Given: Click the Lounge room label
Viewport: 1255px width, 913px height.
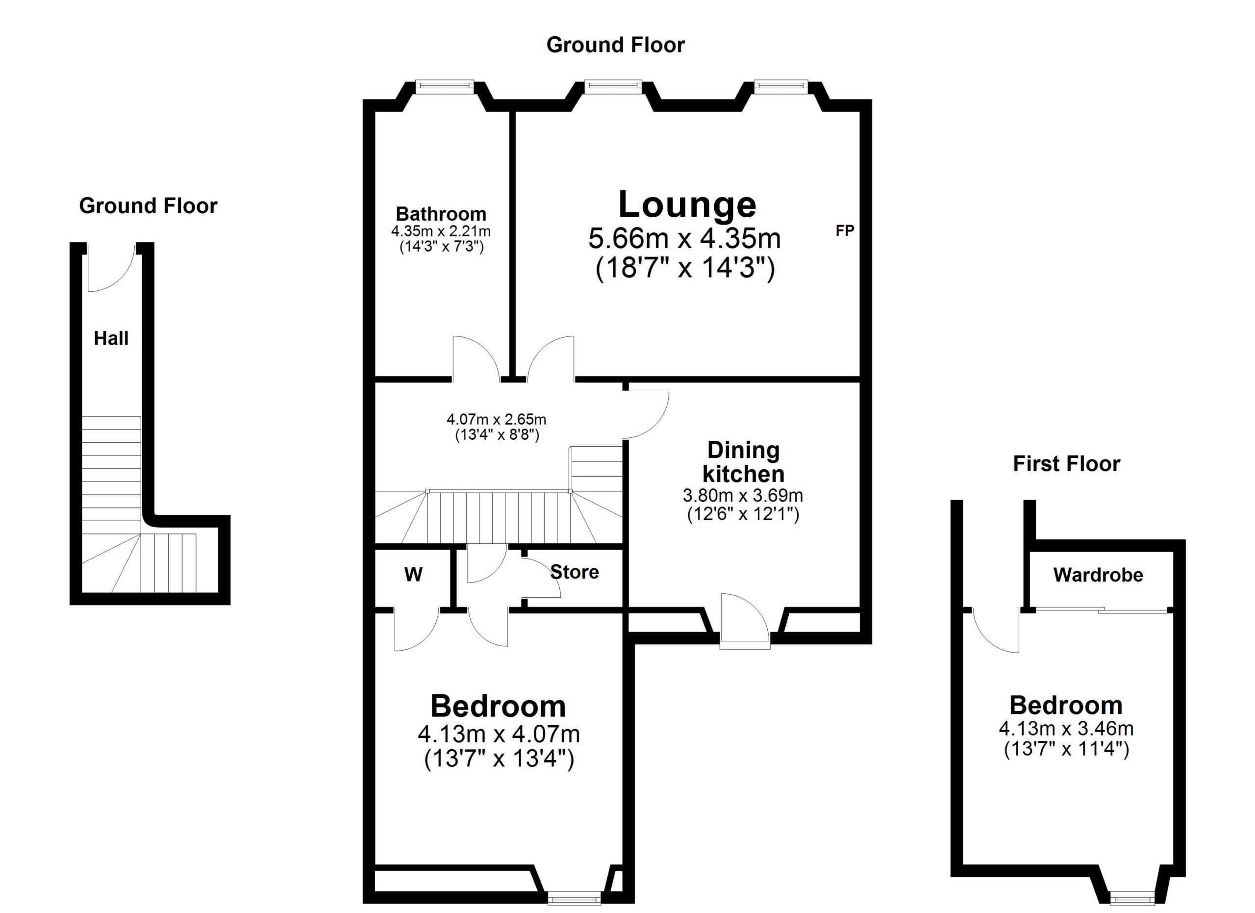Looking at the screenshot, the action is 687,205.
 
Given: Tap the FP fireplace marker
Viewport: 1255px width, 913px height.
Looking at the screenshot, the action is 845,231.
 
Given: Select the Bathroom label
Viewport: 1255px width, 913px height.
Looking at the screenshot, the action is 441,214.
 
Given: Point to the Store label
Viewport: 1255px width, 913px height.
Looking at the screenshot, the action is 575,572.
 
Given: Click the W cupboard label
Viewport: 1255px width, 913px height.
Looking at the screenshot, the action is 413,574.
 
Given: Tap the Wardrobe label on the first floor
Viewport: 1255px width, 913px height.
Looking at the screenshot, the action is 1098,575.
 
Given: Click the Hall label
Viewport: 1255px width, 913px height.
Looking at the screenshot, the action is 111,338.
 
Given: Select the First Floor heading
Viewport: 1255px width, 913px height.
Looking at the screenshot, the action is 1066,464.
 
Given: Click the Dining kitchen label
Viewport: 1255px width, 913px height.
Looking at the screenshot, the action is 743,462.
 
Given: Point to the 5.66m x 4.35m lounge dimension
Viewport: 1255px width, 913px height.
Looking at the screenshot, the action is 684,238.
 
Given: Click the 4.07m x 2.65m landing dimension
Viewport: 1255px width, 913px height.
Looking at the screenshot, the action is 496,419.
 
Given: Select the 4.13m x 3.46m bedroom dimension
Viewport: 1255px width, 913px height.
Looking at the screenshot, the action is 1066,728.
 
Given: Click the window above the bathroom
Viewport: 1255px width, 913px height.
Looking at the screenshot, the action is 444,85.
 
